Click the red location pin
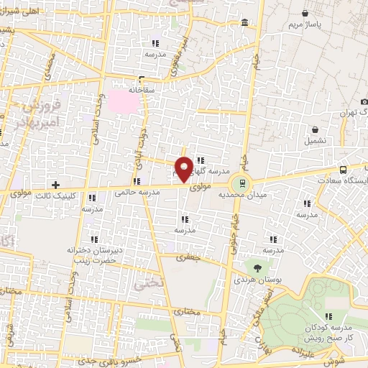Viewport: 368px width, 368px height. pyautogui.click(x=185, y=170)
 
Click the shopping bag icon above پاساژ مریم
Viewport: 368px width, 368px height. pyautogui.click(x=306, y=12)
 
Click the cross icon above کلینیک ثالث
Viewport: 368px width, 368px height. pyautogui.click(x=55, y=185)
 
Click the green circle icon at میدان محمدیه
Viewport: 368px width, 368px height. pyautogui.click(x=242, y=183)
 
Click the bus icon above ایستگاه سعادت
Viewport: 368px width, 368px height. pyautogui.click(x=343, y=170)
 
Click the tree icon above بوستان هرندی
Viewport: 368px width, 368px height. pyautogui.click(x=258, y=267)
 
